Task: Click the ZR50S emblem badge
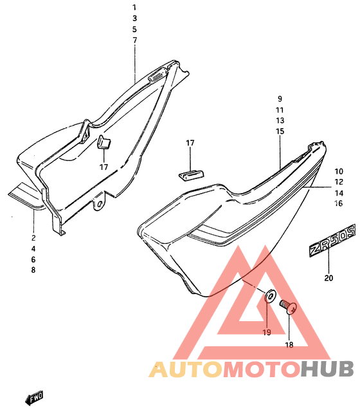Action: (x=332, y=240)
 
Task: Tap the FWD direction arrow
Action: (x=34, y=398)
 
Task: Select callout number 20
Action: (x=328, y=277)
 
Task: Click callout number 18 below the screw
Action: (x=289, y=345)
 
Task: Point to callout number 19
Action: (x=267, y=332)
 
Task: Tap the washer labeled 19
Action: (x=271, y=295)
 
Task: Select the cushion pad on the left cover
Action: (x=104, y=142)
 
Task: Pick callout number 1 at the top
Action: (x=134, y=8)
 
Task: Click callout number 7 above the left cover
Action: (x=134, y=41)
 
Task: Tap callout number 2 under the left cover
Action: (x=33, y=238)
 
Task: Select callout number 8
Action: (x=33, y=270)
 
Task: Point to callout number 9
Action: (x=280, y=99)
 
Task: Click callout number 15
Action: (x=280, y=131)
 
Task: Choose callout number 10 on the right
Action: (x=339, y=171)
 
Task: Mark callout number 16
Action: (x=339, y=203)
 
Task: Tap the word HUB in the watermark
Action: (x=327, y=369)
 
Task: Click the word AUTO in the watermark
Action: (x=186, y=369)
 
